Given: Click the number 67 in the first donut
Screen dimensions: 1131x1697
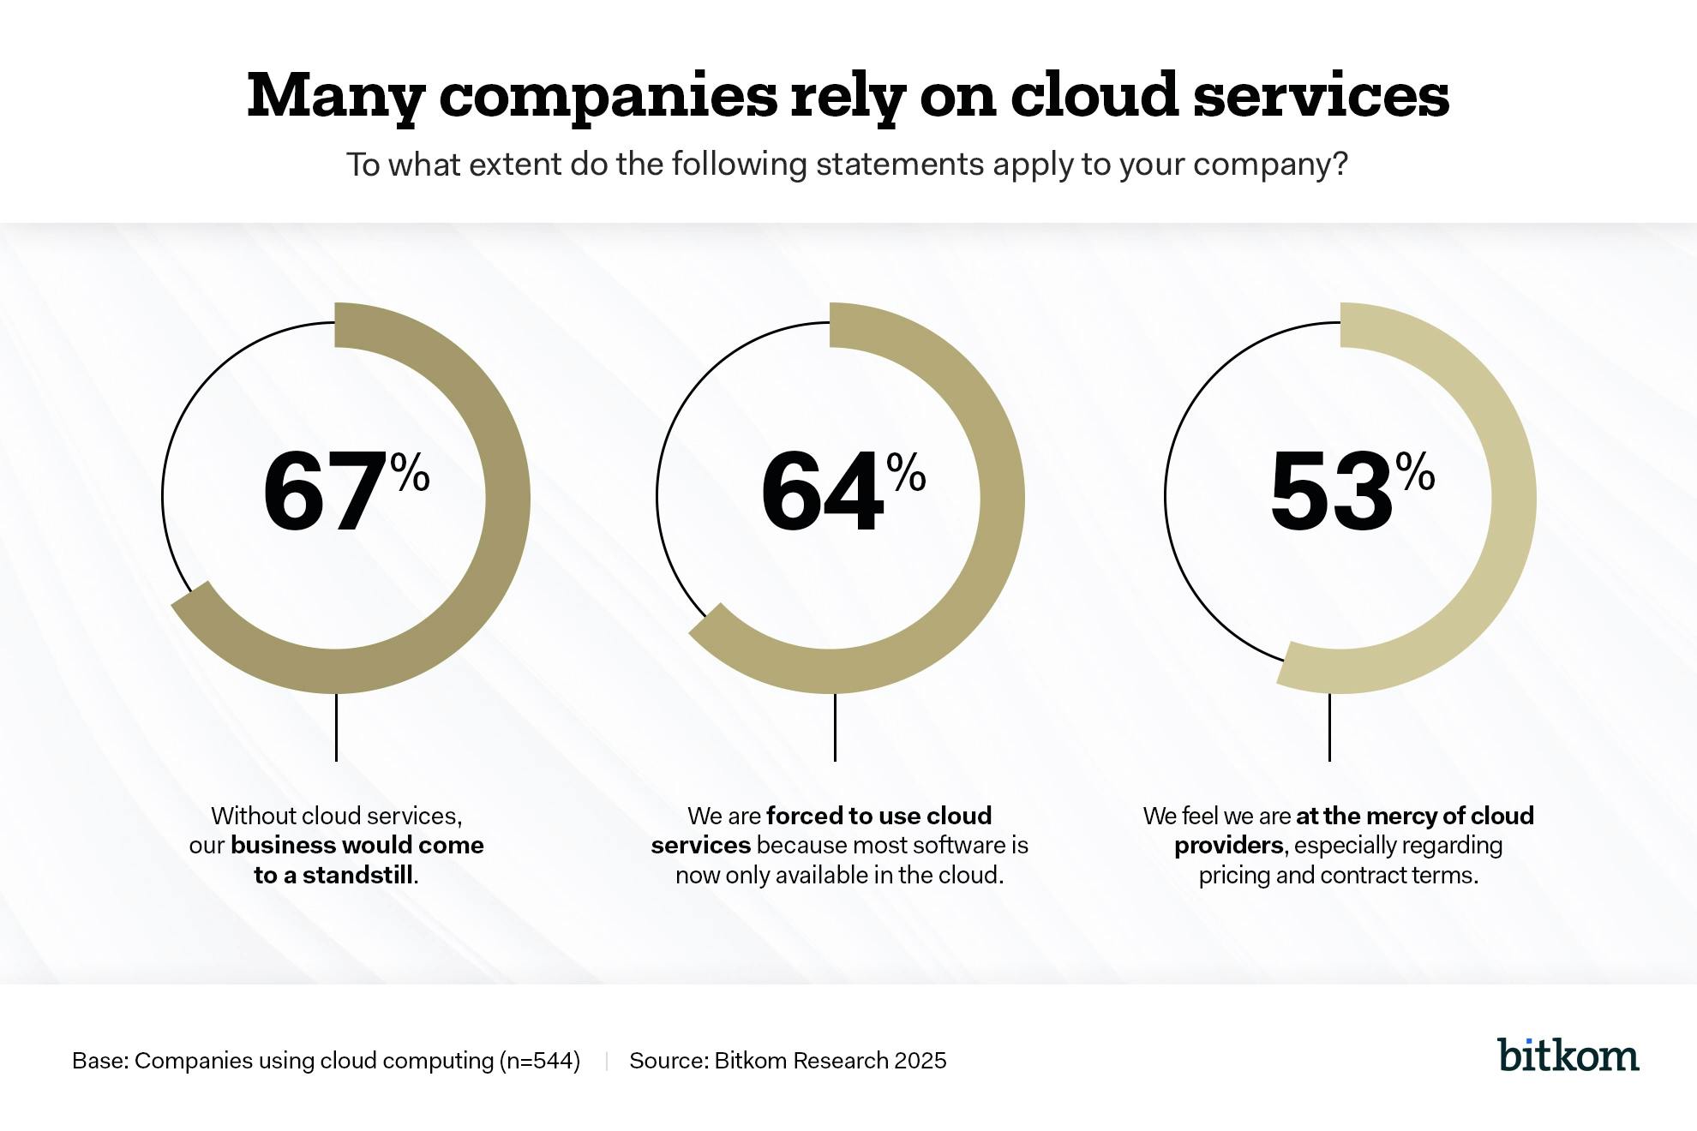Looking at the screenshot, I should [x=324, y=493].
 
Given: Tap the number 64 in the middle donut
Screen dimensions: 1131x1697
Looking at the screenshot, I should [x=821, y=493].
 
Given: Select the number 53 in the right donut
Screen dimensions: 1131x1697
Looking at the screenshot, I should [x=1330, y=493].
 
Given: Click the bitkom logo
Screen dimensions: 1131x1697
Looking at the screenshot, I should [x=1568, y=1055].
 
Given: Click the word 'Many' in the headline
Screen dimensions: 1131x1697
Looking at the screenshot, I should [x=335, y=96].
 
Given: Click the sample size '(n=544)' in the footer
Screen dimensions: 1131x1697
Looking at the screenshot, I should [x=539, y=1061].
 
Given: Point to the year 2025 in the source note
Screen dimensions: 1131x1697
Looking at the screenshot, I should [x=920, y=1061].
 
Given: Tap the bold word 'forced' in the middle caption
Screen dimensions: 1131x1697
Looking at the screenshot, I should [x=802, y=815].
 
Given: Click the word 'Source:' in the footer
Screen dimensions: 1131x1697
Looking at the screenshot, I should [x=669, y=1061].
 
